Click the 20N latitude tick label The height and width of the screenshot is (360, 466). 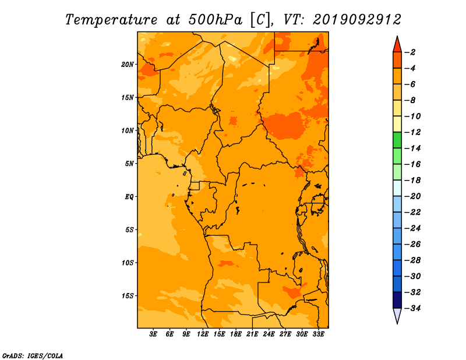tap(128, 65)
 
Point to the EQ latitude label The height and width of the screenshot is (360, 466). tap(129, 197)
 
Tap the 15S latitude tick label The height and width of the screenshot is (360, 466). tap(128, 296)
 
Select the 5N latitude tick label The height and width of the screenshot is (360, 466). tap(129, 164)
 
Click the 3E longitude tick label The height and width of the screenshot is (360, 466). tap(153, 334)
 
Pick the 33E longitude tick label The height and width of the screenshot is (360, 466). tap(318, 334)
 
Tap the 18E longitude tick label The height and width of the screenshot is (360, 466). tap(236, 334)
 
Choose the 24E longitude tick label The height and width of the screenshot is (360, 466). tap(269, 334)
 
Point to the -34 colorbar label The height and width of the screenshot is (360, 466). tap(412, 308)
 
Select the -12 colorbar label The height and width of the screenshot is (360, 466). tap(412, 132)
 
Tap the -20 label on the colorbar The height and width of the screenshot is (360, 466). tap(412, 196)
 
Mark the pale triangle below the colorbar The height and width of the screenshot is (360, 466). tap(397, 315)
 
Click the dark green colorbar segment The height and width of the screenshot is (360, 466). tap(397, 140)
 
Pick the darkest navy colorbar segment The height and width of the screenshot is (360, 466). tap(397, 300)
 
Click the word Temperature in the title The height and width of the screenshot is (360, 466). tap(111, 20)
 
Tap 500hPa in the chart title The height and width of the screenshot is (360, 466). tap(216, 20)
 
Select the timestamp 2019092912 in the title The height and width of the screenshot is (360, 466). tap(357, 20)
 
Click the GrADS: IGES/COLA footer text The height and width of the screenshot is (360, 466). tap(33, 356)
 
